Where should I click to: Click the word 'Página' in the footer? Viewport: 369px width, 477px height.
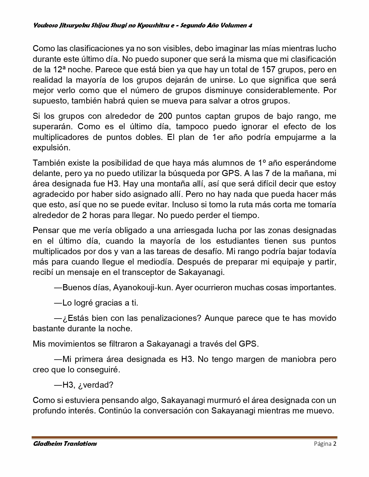[x=322, y=444]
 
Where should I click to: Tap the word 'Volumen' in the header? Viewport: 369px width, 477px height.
[x=233, y=25]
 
